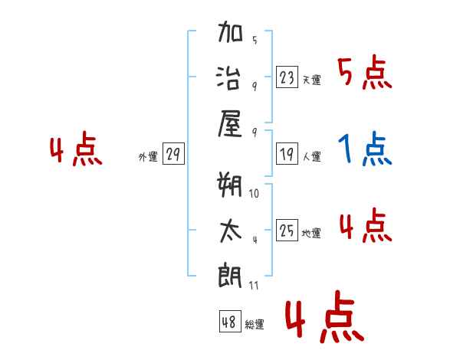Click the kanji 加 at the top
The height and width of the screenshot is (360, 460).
[x=230, y=31]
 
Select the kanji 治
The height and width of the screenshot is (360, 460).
[x=228, y=77]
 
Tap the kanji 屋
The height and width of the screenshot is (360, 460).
[x=230, y=124]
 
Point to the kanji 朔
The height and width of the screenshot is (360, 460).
[x=229, y=185]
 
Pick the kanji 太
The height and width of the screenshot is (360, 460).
[x=231, y=231]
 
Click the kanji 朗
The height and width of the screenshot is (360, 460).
[x=230, y=276]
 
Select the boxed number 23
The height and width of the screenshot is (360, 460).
[x=287, y=77]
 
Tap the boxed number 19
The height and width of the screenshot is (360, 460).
[x=287, y=154]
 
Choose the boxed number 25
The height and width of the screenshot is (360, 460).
[x=287, y=230]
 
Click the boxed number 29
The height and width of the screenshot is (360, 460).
[x=173, y=154]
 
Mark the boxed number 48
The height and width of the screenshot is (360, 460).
[x=230, y=321]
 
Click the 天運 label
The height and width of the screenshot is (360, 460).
[x=312, y=80]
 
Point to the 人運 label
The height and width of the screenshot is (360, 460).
[x=312, y=156]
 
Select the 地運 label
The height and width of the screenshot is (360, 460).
[x=311, y=233]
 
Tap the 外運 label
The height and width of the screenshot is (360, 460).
[x=148, y=156]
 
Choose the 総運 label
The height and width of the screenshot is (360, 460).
[x=255, y=324]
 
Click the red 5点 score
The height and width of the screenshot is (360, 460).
[x=365, y=72]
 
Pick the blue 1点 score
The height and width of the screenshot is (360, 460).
[x=365, y=149]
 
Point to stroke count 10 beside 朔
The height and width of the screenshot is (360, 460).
[x=254, y=193]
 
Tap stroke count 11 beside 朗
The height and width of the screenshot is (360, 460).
[x=254, y=285]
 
